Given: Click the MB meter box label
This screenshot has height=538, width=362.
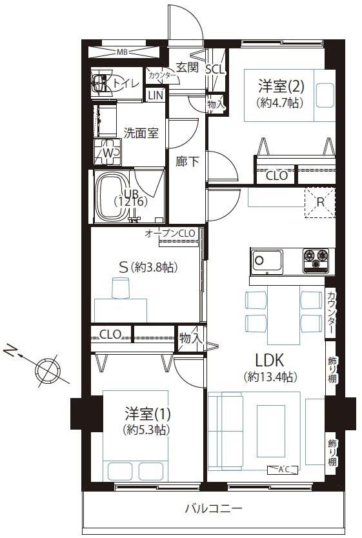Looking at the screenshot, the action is (122, 52).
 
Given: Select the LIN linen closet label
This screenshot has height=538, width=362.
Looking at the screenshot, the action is (156, 95).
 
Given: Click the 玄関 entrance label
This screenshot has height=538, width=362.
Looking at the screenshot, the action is (188, 67).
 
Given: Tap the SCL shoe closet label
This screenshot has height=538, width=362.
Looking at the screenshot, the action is (215, 70).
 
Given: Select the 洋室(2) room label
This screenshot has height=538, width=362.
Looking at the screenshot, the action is (281, 86).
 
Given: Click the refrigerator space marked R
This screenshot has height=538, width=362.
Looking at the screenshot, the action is (320, 202).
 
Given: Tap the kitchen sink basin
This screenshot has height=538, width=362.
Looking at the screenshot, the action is (268, 262).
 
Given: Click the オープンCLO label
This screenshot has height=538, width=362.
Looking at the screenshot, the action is (170, 234).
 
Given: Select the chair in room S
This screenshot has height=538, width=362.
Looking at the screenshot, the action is (121, 288).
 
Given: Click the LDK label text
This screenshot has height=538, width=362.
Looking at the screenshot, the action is (269, 361).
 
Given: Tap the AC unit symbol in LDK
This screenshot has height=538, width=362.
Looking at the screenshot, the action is (283, 470).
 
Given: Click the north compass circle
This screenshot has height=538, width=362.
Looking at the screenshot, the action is (48, 370).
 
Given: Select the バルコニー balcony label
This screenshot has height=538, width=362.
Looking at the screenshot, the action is (214, 508).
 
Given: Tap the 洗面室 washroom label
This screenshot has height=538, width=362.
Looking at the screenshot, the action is (141, 133).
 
